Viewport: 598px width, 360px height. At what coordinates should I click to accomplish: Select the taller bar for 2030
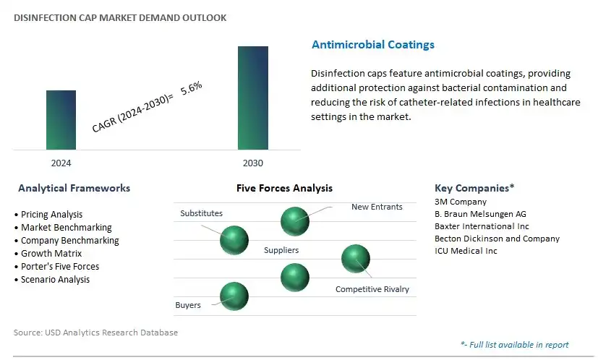253,98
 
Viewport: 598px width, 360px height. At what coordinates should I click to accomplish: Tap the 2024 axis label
61,163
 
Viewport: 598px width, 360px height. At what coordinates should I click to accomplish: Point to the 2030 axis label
252,163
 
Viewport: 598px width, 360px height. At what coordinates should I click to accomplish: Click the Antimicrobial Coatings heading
372,45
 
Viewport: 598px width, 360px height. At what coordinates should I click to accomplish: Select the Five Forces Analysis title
284,188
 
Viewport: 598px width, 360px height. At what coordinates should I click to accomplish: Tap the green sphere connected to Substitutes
234,239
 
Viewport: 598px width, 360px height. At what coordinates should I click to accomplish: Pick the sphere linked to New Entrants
294,220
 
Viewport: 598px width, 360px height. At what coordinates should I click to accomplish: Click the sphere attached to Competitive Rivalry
355,259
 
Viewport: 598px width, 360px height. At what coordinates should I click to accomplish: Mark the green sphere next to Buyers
234,296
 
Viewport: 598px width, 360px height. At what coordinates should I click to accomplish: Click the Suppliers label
281,250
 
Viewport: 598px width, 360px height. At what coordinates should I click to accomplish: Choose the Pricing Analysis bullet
51,215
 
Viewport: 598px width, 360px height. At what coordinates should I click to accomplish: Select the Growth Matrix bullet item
51,254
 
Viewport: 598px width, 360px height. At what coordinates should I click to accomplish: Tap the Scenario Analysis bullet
55,279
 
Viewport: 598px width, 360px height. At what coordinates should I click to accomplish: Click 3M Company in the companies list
461,202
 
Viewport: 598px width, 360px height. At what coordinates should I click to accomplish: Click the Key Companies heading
474,188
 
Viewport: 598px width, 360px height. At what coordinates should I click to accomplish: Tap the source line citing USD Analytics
95,333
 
